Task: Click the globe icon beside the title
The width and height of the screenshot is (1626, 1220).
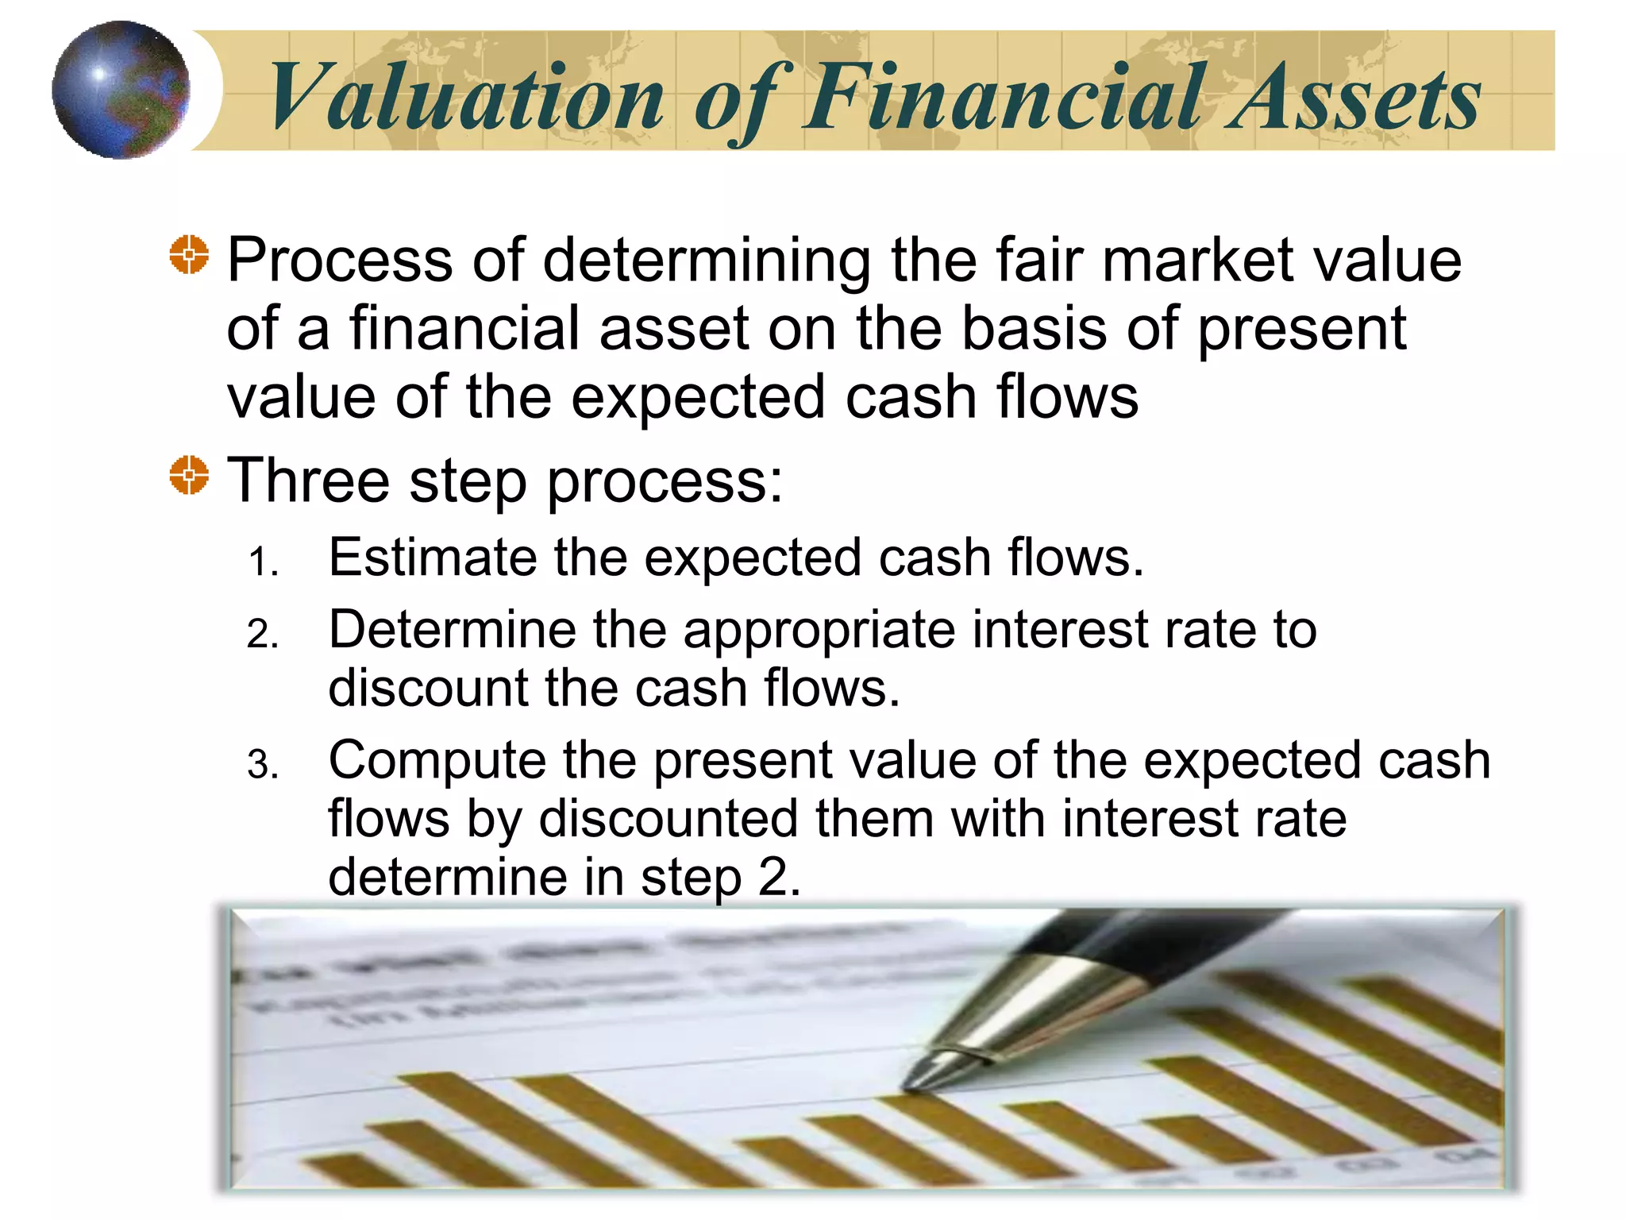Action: (x=121, y=90)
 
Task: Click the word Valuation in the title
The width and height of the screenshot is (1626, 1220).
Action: (x=466, y=98)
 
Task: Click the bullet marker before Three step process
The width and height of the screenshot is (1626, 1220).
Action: (x=189, y=476)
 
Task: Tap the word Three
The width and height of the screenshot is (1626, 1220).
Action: (x=309, y=481)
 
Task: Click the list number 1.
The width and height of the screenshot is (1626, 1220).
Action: (x=262, y=563)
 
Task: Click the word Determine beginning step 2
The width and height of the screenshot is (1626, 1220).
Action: (x=452, y=630)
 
